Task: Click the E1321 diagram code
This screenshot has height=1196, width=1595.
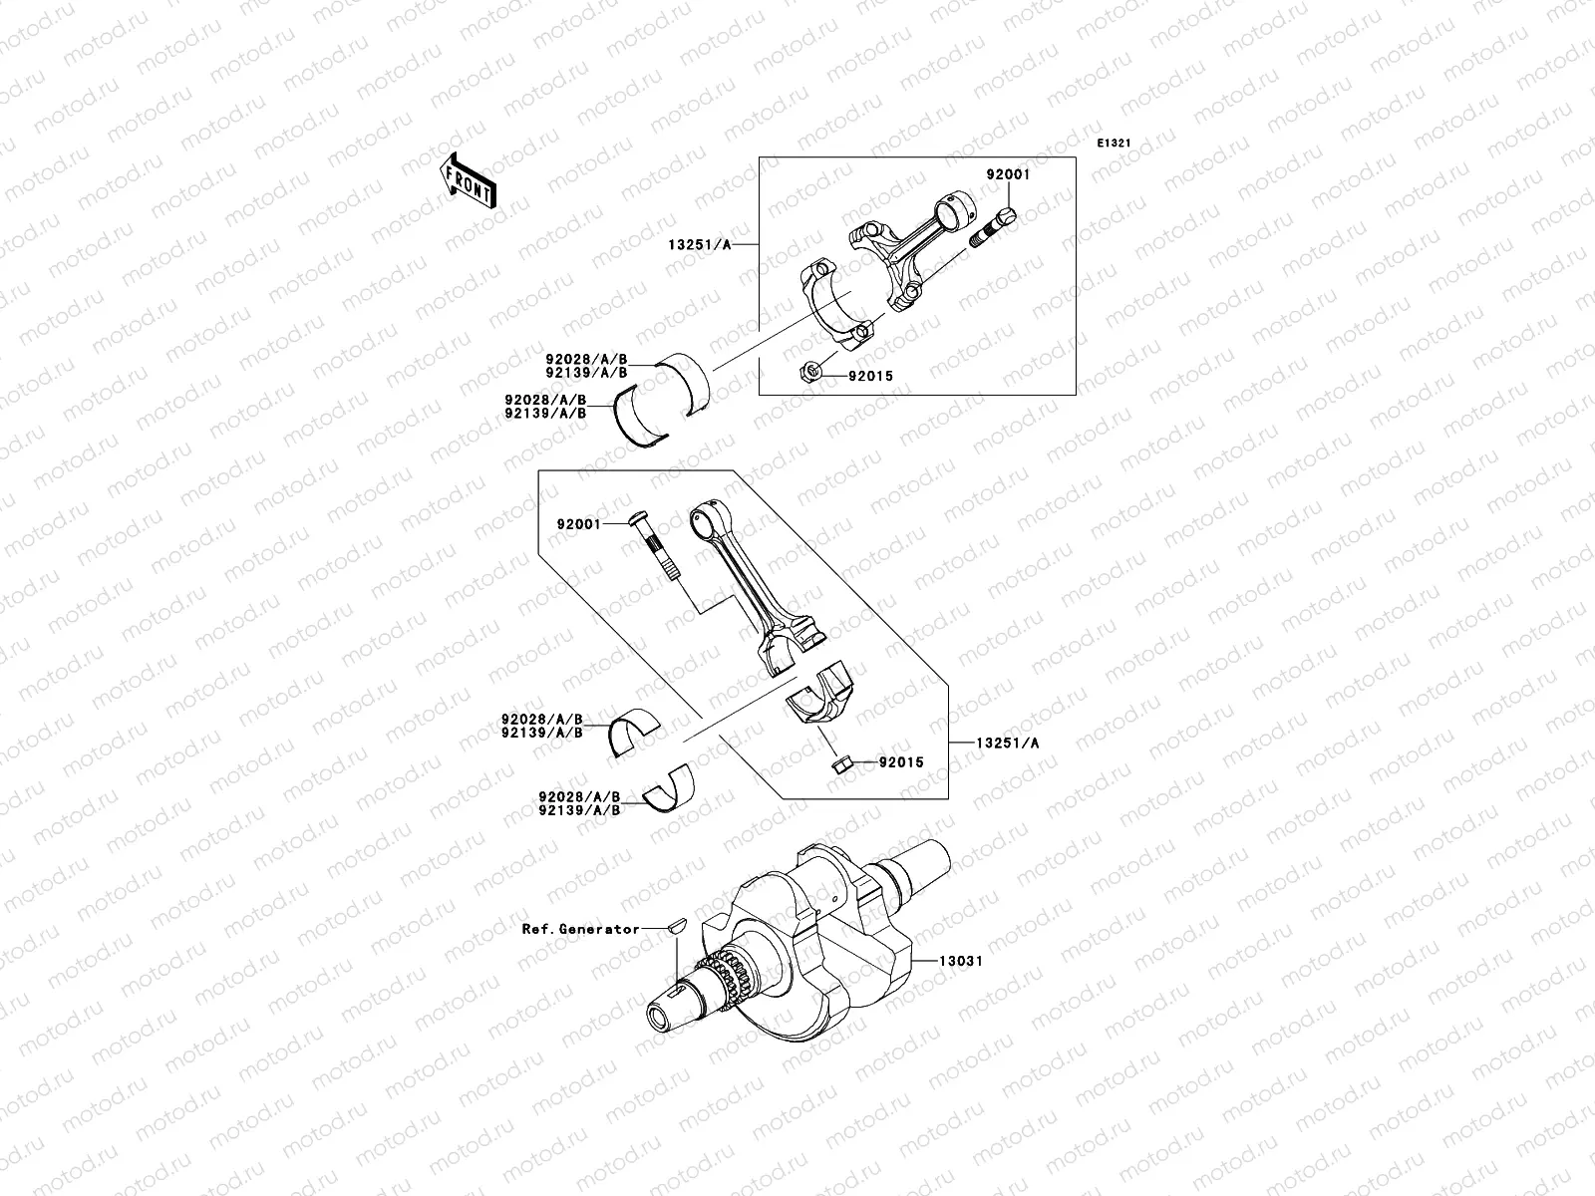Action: click(x=1115, y=144)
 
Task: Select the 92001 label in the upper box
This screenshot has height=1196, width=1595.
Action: click(x=1008, y=174)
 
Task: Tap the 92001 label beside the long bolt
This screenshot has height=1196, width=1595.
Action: click(x=578, y=523)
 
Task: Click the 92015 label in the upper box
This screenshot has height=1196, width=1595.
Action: click(x=870, y=376)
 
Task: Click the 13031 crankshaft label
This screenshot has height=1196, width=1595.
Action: click(x=960, y=961)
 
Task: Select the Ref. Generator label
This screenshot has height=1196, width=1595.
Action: click(x=581, y=929)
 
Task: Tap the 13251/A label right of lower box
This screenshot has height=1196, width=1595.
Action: click(x=1007, y=743)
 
